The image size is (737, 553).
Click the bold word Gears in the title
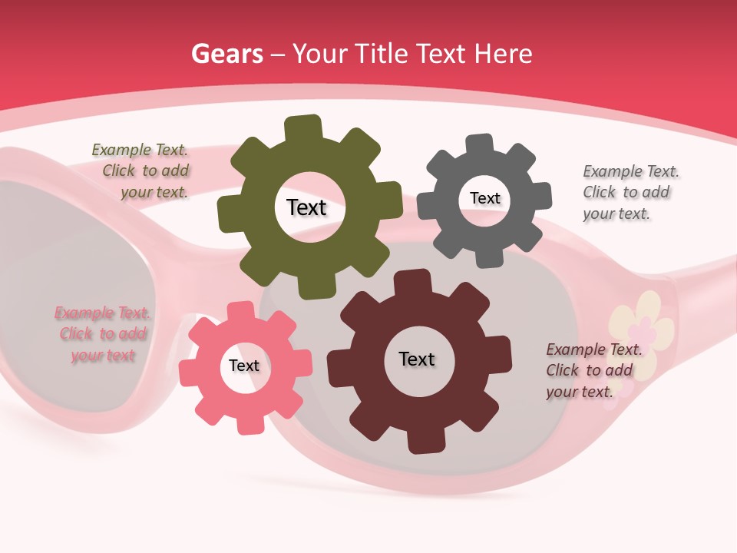[226, 54]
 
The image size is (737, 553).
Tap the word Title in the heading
[382, 54]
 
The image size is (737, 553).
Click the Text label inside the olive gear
[306, 207]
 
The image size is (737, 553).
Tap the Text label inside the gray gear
[484, 198]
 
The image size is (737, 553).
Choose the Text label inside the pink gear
[243, 366]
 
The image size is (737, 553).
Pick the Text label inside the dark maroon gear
[416, 359]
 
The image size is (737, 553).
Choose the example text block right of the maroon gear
[592, 370]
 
